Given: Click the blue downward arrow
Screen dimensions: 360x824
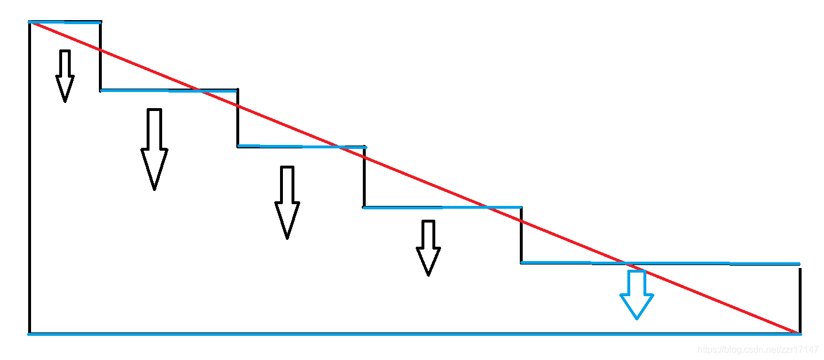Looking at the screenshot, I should click(637, 297).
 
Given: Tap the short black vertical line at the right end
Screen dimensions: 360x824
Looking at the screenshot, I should click(799, 299).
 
